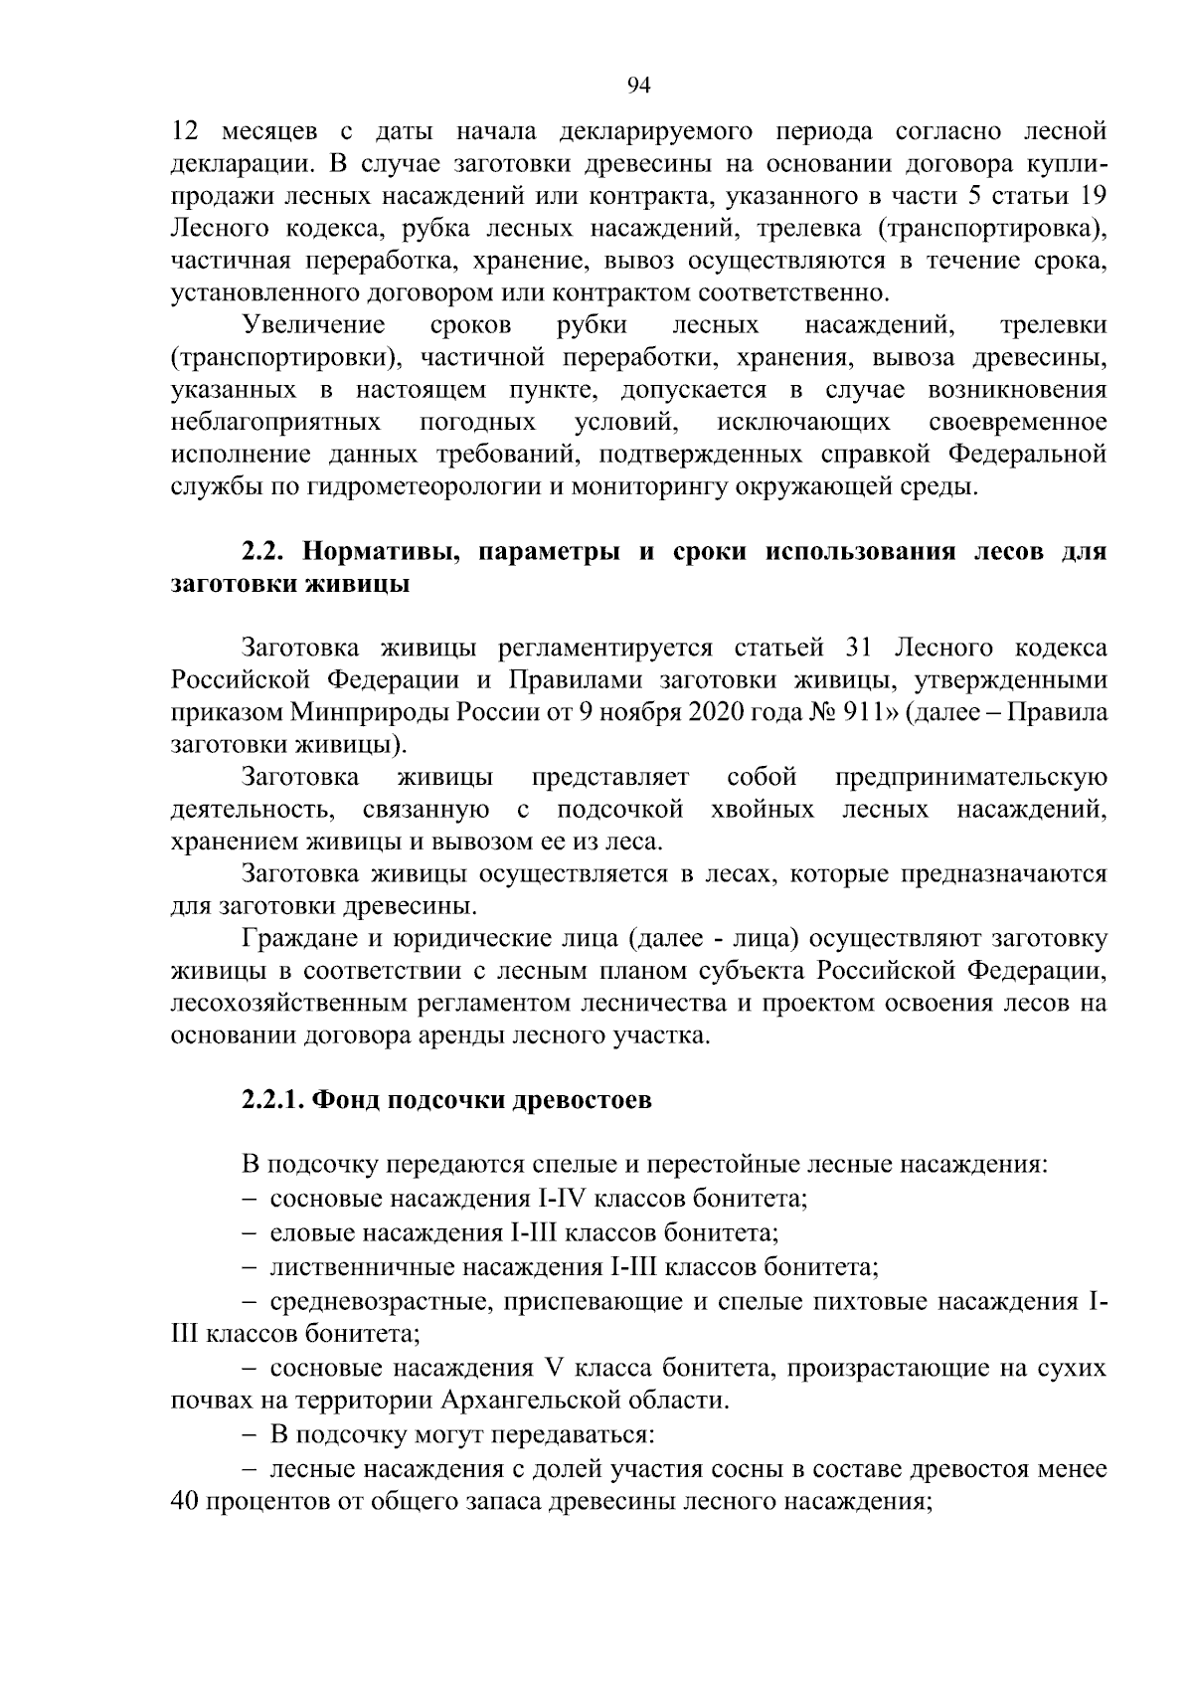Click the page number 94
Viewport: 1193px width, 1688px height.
637,86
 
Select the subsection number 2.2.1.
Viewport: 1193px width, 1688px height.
272,1101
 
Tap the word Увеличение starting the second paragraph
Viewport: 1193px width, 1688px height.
313,325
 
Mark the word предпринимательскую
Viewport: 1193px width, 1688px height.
970,777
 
